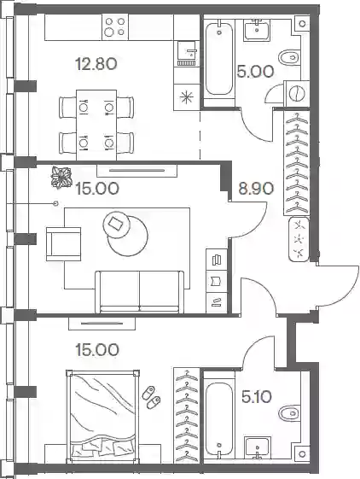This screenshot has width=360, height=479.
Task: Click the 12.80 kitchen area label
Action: (x=96, y=64)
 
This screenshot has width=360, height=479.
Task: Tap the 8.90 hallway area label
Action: (x=256, y=189)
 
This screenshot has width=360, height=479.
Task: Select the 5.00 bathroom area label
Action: (x=255, y=72)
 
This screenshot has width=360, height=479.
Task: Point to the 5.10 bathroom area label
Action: (x=256, y=397)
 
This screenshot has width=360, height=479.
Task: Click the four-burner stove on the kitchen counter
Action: (x=115, y=26)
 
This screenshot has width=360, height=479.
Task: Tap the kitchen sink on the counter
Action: (x=187, y=54)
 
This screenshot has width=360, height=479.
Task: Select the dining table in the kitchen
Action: (x=96, y=125)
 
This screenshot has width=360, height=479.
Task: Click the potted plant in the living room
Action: (x=61, y=178)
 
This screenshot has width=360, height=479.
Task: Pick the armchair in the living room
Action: (x=63, y=244)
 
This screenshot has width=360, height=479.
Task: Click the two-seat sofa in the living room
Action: (x=140, y=292)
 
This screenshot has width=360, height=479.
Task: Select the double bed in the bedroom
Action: (x=103, y=418)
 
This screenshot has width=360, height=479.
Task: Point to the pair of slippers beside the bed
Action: (x=151, y=397)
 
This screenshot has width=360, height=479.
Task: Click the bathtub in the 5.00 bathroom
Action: (x=219, y=59)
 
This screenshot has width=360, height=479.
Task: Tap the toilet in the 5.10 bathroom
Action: (x=290, y=413)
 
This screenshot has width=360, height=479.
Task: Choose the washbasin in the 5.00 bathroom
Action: (x=258, y=30)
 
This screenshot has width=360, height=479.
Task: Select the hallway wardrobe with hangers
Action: (x=297, y=162)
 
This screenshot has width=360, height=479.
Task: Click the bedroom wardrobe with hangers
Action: (x=187, y=416)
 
